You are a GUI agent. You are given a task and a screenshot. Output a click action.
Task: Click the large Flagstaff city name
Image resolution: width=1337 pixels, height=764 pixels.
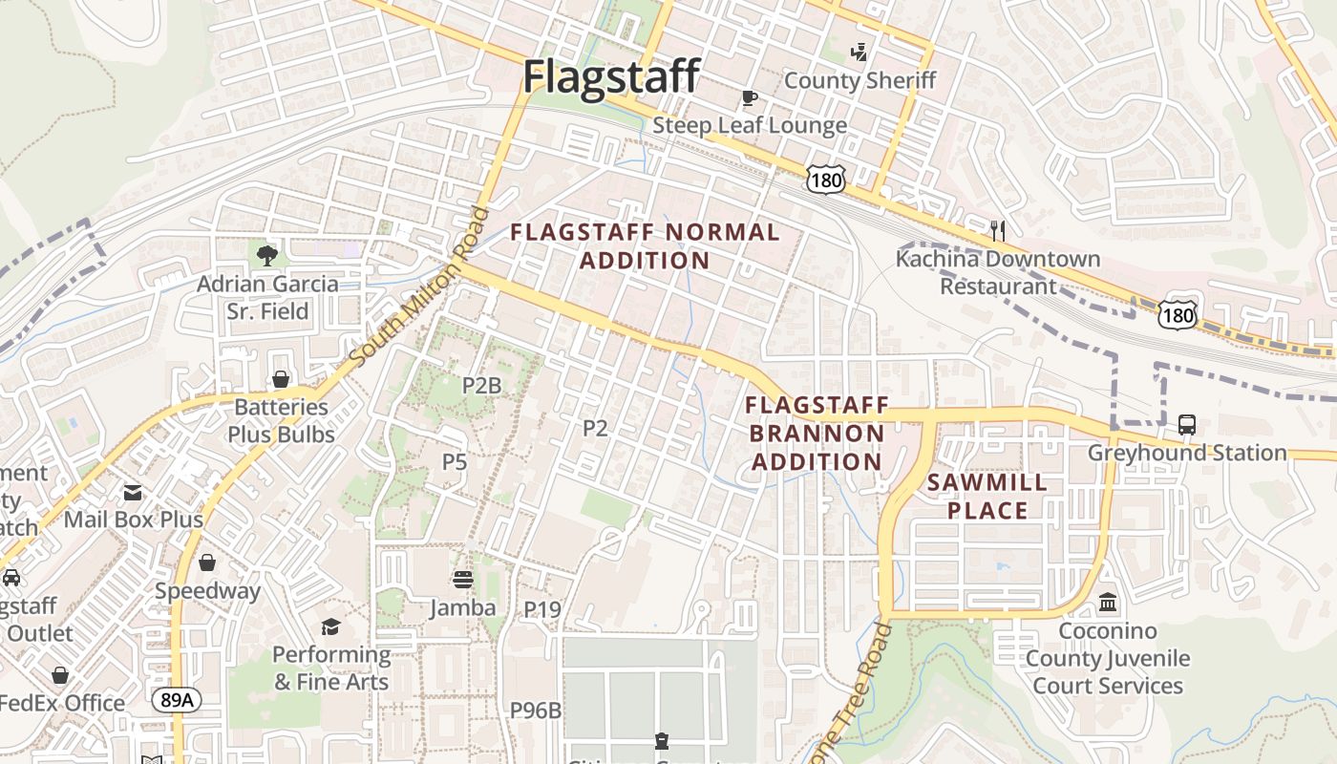(611, 76)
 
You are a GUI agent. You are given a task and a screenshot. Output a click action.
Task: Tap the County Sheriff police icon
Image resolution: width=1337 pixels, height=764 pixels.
(859, 52)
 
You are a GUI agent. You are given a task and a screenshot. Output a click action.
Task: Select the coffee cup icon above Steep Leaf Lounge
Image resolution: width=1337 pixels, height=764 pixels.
(750, 97)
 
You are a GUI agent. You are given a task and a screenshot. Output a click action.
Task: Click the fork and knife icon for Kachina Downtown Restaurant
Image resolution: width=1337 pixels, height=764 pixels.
(998, 230)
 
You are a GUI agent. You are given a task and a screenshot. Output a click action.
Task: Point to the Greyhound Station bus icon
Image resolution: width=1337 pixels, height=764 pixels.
(1187, 425)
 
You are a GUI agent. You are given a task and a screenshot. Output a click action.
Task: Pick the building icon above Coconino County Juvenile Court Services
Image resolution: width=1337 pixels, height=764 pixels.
(1108, 603)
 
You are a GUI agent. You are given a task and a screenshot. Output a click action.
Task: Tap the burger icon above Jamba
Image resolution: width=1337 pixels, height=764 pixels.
(463, 580)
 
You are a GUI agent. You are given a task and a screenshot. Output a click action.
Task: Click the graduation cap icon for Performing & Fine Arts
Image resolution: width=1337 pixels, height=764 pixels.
(330, 626)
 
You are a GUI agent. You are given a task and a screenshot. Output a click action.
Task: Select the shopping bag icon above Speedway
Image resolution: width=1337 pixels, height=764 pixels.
(207, 562)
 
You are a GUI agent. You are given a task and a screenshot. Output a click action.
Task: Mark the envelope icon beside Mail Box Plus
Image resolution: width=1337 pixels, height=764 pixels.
(133, 493)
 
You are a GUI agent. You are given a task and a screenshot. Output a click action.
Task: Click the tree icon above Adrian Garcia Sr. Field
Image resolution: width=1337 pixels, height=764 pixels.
(267, 255)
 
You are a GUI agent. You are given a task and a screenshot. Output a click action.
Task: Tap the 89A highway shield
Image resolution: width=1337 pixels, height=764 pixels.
(177, 700)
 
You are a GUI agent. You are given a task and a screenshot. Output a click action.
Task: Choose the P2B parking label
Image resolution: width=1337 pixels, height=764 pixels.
(481, 386)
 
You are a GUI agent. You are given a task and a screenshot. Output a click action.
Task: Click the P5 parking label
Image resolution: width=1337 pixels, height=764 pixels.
(454, 462)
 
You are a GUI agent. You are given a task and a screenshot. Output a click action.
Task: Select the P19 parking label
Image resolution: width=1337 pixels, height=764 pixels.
(542, 608)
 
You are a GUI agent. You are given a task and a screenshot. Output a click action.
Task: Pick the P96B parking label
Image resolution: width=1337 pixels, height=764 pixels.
(535, 711)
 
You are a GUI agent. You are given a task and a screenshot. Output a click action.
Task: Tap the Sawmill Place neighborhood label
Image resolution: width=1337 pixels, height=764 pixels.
(987, 496)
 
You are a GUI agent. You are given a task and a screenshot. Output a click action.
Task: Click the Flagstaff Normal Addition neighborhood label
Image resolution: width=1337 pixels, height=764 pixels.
(645, 245)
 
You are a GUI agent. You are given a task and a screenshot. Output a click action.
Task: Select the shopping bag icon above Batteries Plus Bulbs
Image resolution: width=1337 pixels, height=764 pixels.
(281, 379)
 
